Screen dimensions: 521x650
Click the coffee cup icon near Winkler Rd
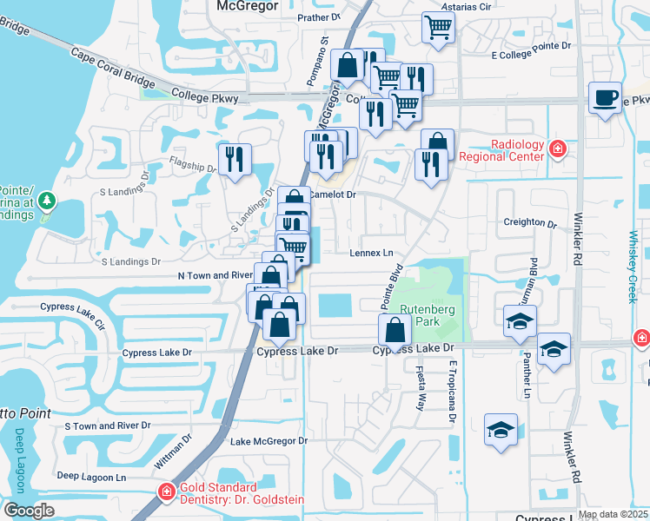tap(605, 98)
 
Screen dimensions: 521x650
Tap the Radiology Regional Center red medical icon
tap(558, 150)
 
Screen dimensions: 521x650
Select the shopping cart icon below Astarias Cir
tap(438, 27)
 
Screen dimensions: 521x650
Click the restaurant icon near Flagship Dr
tap(235, 160)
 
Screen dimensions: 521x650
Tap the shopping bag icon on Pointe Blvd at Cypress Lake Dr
tap(395, 330)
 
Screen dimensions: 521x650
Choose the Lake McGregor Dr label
tap(269, 441)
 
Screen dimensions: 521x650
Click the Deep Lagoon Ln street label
tap(91, 477)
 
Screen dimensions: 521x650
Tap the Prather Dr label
tap(318, 17)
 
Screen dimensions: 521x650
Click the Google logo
tap(29, 511)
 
